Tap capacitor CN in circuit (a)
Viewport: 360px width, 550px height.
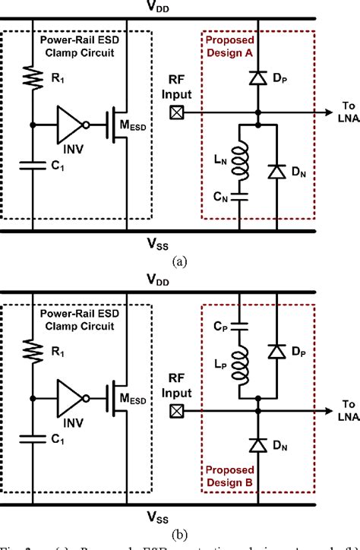click(x=238, y=196)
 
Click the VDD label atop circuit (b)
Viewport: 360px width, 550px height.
click(x=179, y=280)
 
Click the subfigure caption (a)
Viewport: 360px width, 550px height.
click(x=179, y=261)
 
